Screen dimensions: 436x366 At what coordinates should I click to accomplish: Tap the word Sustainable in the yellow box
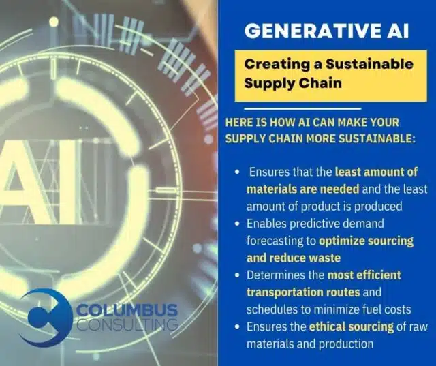[x=369, y=64]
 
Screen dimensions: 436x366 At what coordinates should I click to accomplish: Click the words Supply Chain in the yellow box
[x=293, y=83]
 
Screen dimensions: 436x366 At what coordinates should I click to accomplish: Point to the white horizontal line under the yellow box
[x=302, y=108]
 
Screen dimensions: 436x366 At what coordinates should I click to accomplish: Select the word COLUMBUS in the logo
[x=127, y=310]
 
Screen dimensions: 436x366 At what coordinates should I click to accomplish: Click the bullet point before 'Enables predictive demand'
[x=237, y=224]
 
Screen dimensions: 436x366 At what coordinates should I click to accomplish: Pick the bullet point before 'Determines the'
[x=237, y=275]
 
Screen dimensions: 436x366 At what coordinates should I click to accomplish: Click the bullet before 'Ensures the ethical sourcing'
[x=237, y=326]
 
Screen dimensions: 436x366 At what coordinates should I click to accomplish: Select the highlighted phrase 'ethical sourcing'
[x=352, y=326]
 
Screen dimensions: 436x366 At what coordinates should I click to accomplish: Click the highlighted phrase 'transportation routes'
[x=303, y=292]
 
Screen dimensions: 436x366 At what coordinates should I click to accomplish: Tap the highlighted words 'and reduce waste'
[x=294, y=258]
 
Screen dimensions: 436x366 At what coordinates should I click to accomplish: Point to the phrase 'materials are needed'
[x=302, y=189]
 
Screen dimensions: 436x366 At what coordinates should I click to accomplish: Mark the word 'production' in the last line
[x=346, y=344]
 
